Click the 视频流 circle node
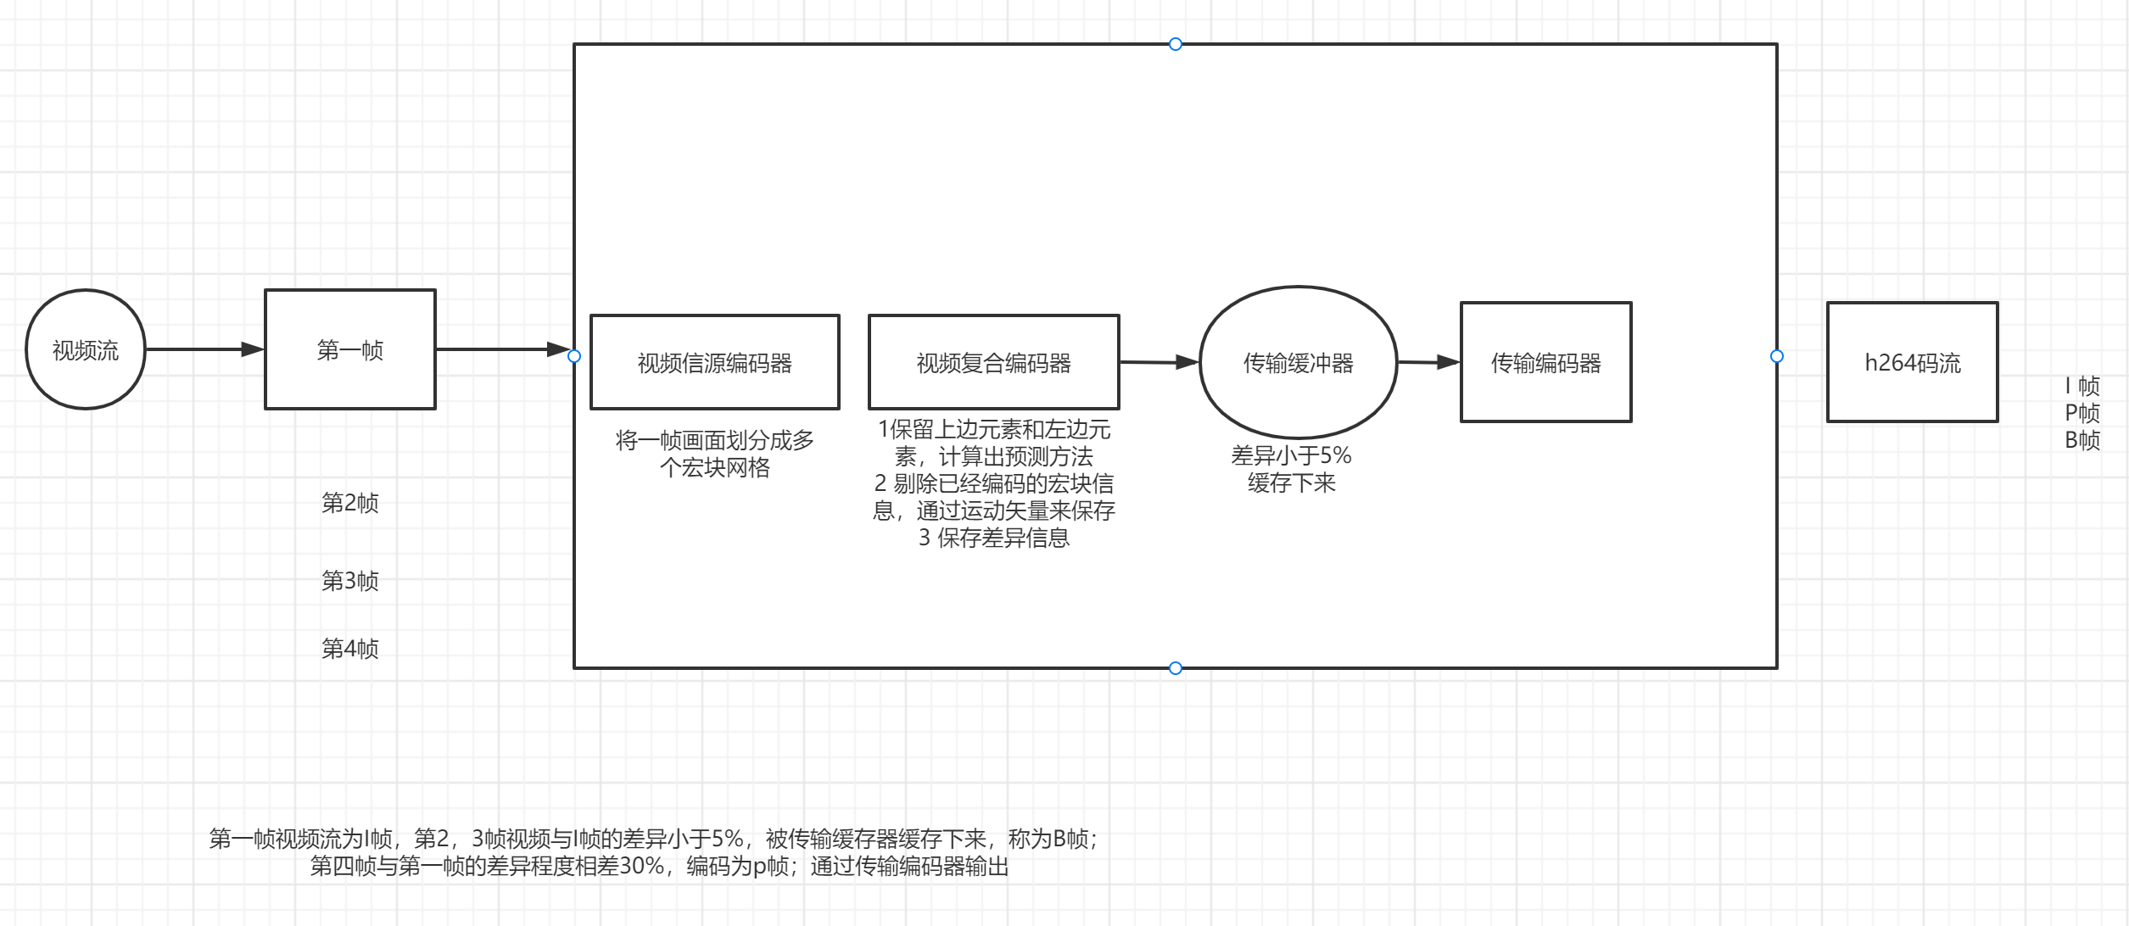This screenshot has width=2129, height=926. pos(86,349)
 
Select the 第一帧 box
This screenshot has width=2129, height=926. pos(349,349)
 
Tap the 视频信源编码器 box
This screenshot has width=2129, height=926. pos(714,363)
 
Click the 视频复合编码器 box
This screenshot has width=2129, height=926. pos(993,363)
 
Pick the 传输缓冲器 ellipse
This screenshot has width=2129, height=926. pos(1298,363)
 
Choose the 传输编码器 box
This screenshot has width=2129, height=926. pos(1545,363)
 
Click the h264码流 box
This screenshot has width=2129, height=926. pos(1912,363)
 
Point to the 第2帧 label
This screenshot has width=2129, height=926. pos(349,503)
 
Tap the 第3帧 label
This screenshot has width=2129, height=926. pos(349,581)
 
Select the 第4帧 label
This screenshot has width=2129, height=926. pos(349,649)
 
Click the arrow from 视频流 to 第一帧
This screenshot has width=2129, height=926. pos(204,349)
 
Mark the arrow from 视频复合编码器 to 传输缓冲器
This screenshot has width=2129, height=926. pos(1159,363)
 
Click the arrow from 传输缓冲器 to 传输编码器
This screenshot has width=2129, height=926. pos(1428,363)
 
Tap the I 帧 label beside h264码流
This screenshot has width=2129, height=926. pos(2082,387)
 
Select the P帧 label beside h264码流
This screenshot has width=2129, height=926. pos(2082,414)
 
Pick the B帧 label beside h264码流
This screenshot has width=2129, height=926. pos(2082,440)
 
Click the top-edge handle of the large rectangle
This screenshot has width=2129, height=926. pos(1176,44)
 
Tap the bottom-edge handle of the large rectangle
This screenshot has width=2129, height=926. pos(1176,668)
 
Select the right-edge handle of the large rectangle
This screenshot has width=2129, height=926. pos(1777,356)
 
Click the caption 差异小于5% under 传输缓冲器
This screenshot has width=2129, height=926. pos(1291,456)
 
